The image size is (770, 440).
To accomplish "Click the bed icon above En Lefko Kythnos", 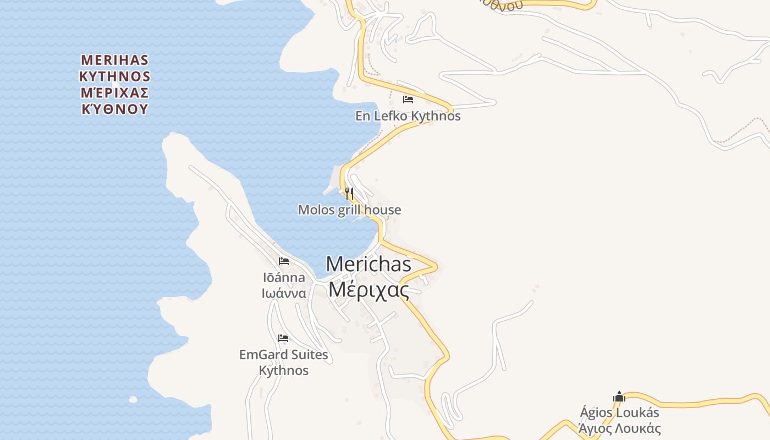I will tap(408, 100).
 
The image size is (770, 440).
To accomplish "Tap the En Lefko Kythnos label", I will tap(408, 117).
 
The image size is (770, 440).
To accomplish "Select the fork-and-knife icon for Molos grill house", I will tap(349, 193).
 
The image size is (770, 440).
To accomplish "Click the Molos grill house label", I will tap(349, 210).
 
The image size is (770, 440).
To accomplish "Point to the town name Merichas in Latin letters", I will tap(369, 264).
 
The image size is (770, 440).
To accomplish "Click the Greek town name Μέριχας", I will tap(369, 289).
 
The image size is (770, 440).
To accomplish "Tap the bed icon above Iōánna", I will tap(284, 261).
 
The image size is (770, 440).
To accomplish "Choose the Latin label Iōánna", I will tap(284, 277).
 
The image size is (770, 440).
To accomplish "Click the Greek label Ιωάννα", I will tap(284, 293).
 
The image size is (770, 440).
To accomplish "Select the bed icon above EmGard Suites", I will tap(283, 338).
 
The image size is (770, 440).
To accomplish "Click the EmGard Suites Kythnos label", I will tap(284, 362).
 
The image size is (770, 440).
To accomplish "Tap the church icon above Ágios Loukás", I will tap(619, 397).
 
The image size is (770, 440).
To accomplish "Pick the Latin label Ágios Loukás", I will tap(619, 413).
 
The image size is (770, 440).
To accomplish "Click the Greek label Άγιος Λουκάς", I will tap(619, 428).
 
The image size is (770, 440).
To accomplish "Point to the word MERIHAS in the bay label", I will tap(115, 59).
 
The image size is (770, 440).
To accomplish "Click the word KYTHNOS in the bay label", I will tap(115, 76).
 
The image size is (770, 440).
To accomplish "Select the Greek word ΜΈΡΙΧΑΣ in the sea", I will tap(115, 92).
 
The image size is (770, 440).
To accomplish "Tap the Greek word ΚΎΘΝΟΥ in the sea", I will tap(115, 109).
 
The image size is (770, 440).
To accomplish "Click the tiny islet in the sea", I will tap(133, 399).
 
